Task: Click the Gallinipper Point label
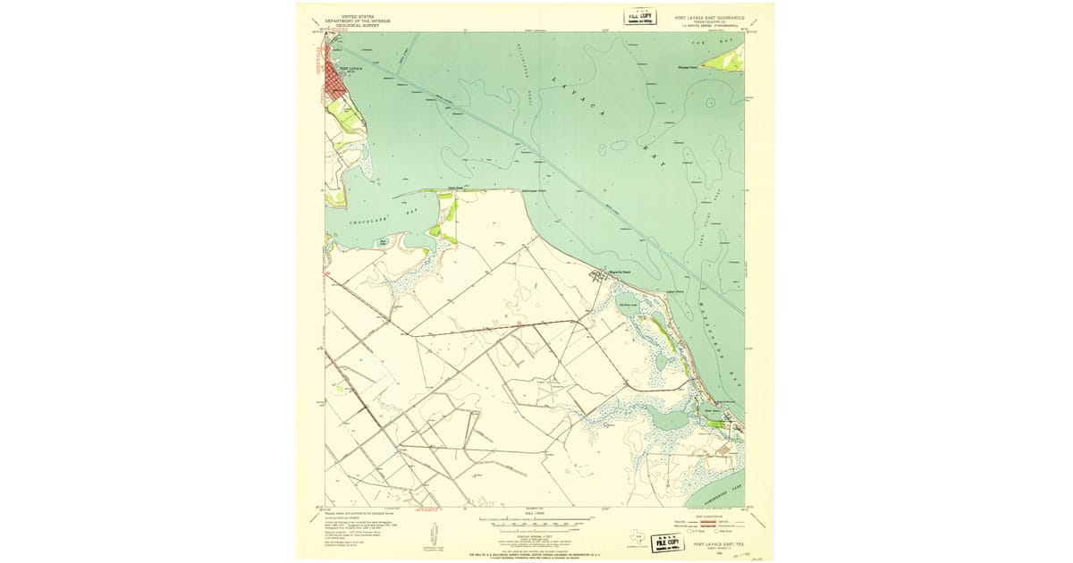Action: tap(535, 190)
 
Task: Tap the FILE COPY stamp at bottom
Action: tap(665, 542)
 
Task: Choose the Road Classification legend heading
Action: tap(711, 516)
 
